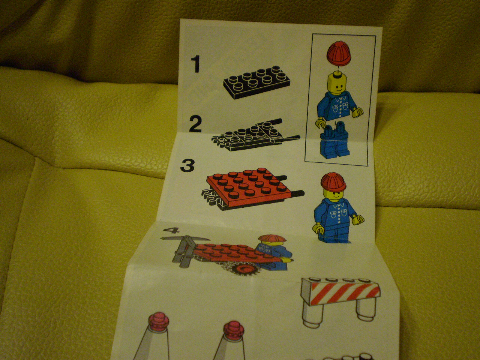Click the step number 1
click(x=195, y=64)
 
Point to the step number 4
click(x=172, y=230)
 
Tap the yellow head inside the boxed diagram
click(x=340, y=83)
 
